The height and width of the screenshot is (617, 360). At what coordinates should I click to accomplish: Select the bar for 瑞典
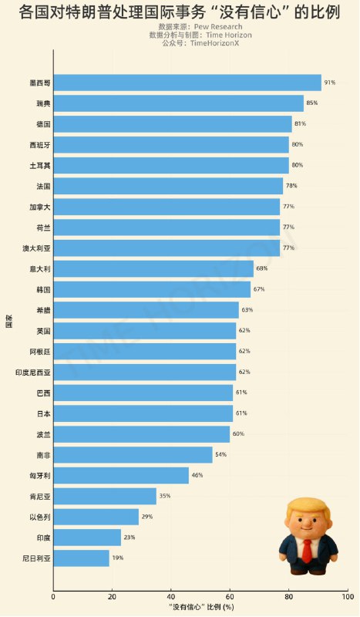pyautogui.click(x=178, y=103)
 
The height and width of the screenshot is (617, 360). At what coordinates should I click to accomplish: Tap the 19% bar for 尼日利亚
pyautogui.click(x=81, y=558)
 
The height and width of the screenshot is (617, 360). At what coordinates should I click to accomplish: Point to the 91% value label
pyautogui.click(x=329, y=83)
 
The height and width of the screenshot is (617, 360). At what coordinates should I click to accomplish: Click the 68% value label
pyautogui.click(x=261, y=268)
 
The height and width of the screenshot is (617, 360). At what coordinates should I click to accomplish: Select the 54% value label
pyautogui.click(x=220, y=454)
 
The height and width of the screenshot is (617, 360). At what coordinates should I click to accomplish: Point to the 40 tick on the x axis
pyautogui.click(x=171, y=596)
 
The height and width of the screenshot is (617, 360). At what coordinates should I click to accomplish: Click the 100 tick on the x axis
pyautogui.click(x=348, y=596)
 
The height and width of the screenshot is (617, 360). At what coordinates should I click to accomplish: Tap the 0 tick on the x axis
pyautogui.click(x=53, y=596)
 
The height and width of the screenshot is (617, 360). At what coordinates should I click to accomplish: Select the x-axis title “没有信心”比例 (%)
pyautogui.click(x=200, y=607)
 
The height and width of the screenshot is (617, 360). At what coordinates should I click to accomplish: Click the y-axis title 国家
pyautogui.click(x=8, y=319)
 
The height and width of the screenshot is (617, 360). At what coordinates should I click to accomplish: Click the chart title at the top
pyautogui.click(x=180, y=13)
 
